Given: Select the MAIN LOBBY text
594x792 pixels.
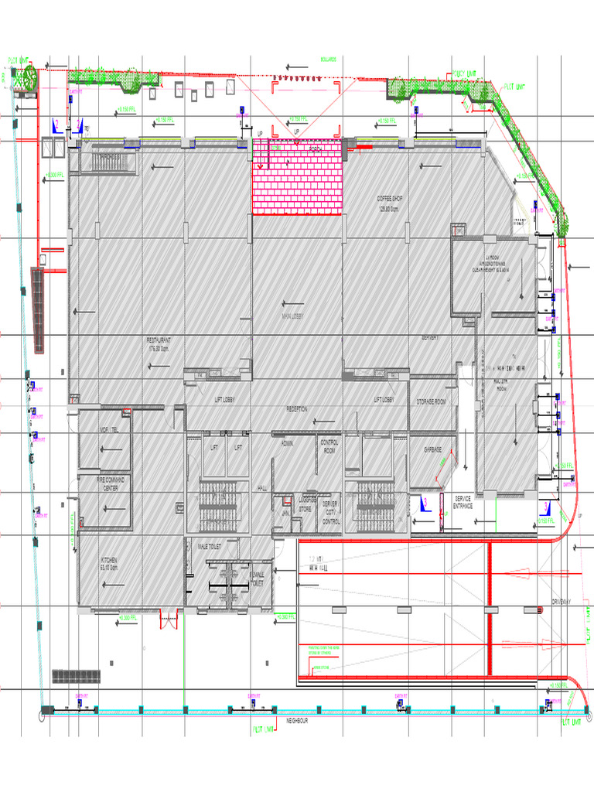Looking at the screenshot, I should (x=292, y=316).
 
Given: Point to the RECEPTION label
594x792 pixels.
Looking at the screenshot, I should (x=297, y=408).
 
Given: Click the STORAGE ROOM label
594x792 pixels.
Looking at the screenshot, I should (x=432, y=402).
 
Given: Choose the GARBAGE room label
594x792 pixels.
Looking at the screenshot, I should (x=432, y=449).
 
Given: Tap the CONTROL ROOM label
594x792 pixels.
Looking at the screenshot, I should (x=329, y=445).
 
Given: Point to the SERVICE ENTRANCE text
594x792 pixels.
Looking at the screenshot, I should (x=463, y=502).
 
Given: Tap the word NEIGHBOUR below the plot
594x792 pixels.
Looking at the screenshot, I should (x=297, y=720).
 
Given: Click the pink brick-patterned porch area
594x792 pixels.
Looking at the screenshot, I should (x=297, y=182).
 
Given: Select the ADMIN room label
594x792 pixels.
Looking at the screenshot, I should (x=288, y=442).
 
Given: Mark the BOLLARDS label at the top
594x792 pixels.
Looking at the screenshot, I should (x=330, y=59).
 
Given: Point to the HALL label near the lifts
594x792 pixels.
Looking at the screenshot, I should (x=262, y=489).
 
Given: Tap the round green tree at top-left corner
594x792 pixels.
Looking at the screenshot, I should (x=29, y=77).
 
